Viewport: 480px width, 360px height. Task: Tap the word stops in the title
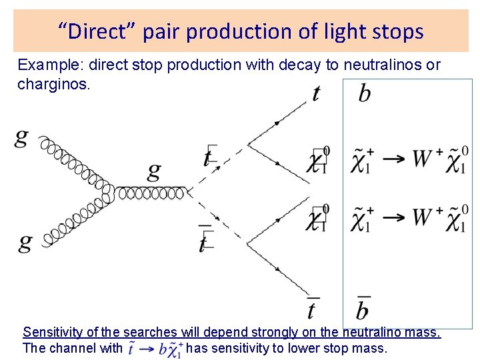[x=397, y=31]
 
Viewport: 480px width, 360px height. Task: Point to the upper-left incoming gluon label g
[x=21, y=138]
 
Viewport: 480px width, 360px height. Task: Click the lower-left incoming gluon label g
[x=25, y=241]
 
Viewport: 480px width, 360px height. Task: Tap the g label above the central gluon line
[x=154, y=173]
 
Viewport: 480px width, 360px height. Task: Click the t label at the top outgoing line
[x=315, y=94]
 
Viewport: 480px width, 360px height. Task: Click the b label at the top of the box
[x=364, y=93]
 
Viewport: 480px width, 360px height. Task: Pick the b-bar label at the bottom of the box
[x=362, y=309]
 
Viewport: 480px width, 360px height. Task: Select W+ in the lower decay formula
[x=427, y=217]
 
